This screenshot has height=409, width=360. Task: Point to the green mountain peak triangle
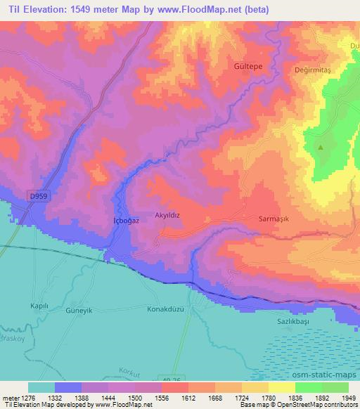(321, 147)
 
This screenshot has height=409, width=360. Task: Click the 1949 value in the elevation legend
(347, 398)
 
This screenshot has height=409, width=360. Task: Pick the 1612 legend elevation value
(188, 398)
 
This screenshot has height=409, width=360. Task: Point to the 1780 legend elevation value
(268, 398)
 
